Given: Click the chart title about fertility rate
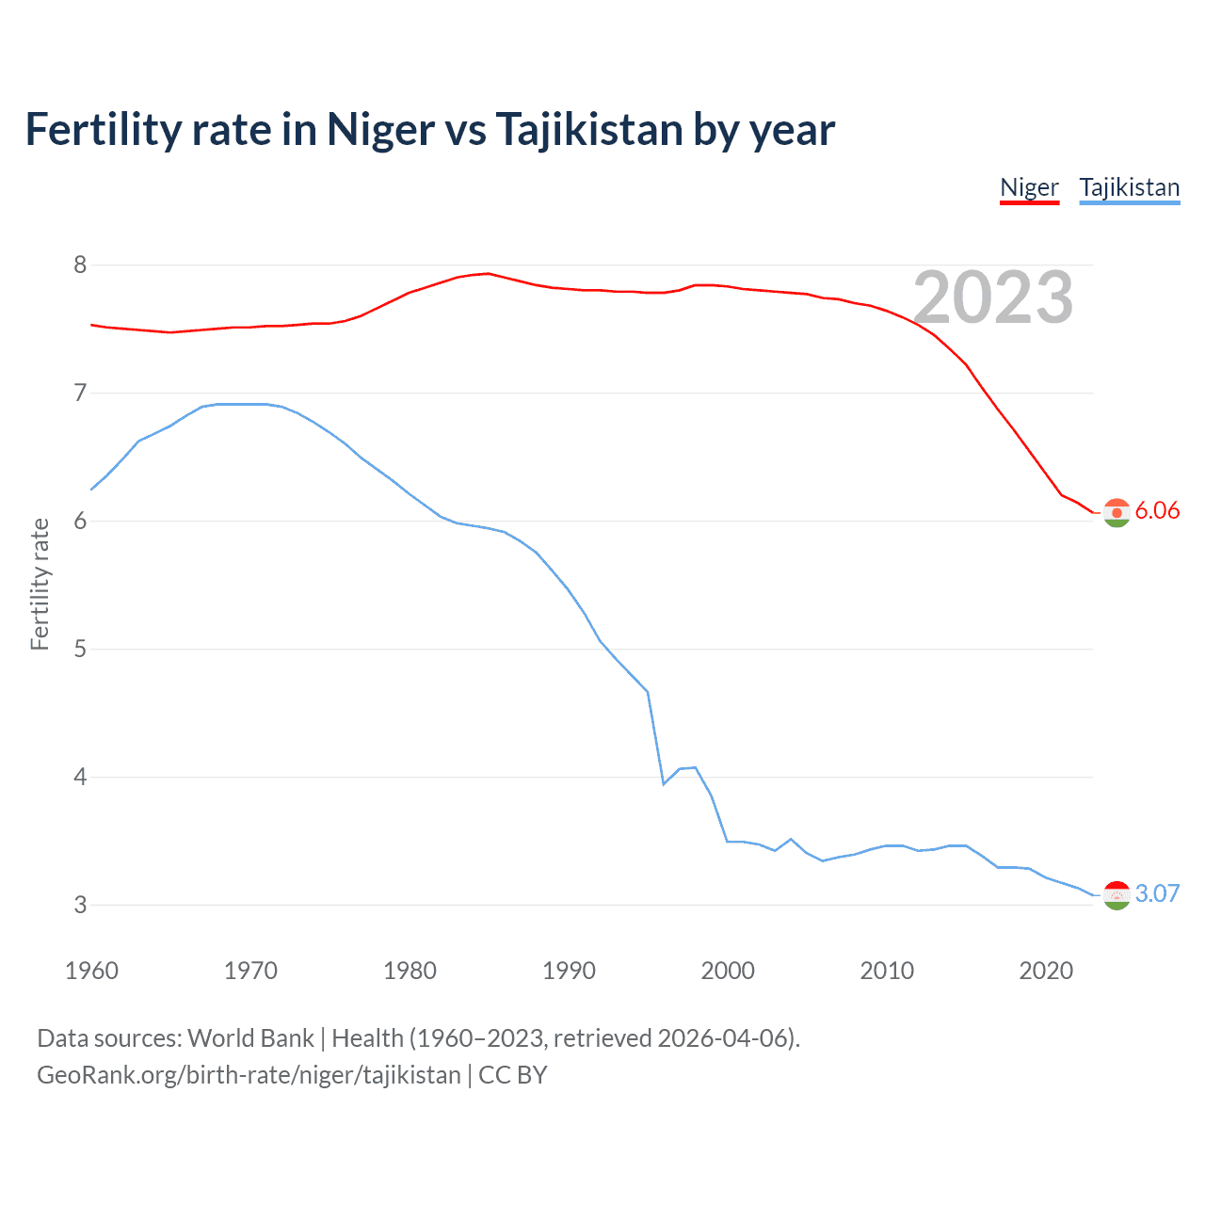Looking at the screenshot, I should [429, 129].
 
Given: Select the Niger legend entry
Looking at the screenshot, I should [1029, 187].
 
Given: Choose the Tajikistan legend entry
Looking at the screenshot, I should [1129, 187].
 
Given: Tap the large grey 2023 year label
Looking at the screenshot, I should [993, 297].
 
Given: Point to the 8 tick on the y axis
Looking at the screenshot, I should [80, 265].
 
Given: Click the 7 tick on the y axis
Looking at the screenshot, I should [80, 393].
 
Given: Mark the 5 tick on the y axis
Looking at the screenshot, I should [80, 649].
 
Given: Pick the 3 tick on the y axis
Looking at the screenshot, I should [80, 905].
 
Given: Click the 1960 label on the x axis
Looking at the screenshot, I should [91, 971].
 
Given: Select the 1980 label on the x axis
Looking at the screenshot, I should [410, 971].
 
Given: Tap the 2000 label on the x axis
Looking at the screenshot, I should [728, 971].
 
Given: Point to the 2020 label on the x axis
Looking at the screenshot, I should [1046, 971].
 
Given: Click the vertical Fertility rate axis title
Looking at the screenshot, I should [40, 584].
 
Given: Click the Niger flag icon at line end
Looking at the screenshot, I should [1117, 512].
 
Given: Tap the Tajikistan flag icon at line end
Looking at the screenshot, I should [1117, 895].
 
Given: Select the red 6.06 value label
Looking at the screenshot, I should [1157, 510].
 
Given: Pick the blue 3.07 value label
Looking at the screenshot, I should [1157, 893].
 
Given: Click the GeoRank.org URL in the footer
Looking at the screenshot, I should [249, 1075].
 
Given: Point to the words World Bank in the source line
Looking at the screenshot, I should [250, 1038].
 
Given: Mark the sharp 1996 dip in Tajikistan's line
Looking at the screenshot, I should [664, 783].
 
